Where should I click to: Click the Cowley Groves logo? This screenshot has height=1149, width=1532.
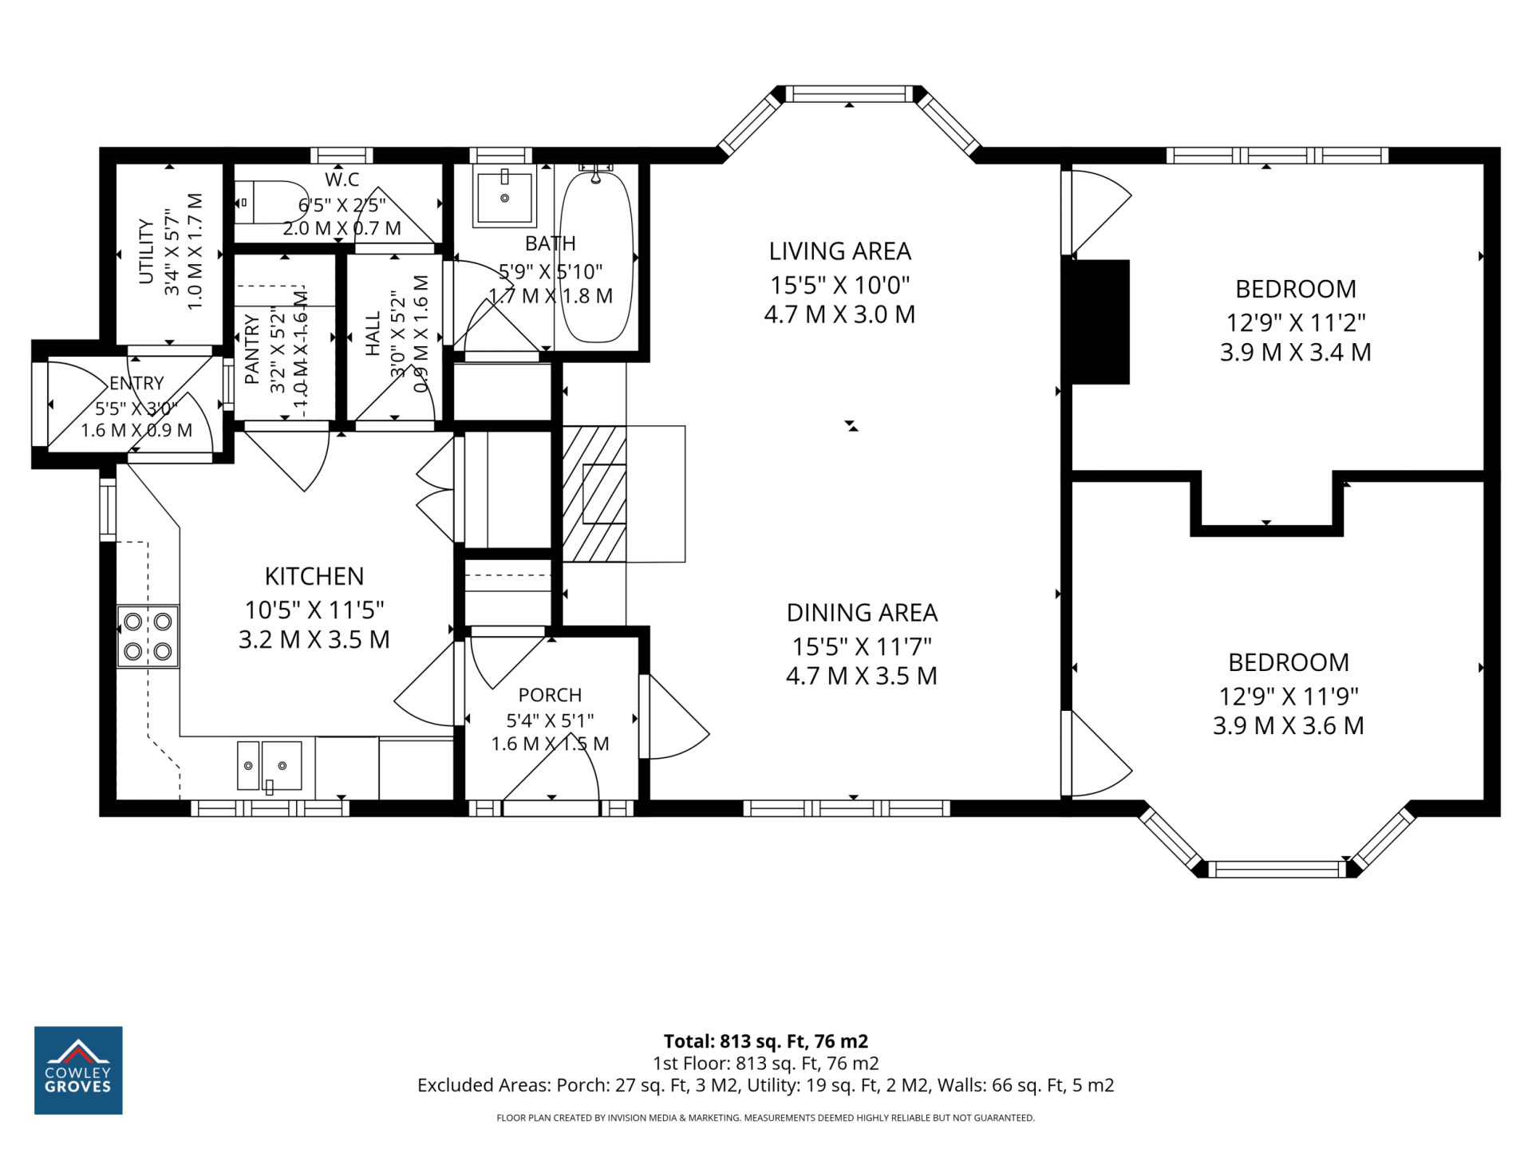pos(78,1070)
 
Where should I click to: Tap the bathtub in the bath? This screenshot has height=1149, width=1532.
pos(597,256)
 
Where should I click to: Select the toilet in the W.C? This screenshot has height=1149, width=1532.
pos(264,203)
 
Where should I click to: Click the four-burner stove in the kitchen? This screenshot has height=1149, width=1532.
pos(148,636)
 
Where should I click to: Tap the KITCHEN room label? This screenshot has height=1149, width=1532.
pos(314,576)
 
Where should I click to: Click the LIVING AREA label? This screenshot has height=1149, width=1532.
pos(839,251)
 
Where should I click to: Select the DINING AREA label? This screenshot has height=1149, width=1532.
pos(862,613)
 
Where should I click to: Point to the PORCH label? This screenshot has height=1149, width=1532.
pos(550,695)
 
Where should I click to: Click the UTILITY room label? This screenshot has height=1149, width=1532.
pos(146,251)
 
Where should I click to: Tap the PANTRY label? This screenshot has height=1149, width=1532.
pos(252,349)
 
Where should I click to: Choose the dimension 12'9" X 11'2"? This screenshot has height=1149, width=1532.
pos(1296,322)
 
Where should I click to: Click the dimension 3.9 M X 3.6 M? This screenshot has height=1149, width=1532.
pos(1289,725)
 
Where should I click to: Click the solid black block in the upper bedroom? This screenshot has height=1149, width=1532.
pos(1100,322)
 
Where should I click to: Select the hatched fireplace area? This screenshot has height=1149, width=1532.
pos(594,494)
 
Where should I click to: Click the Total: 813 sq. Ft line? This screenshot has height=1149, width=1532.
pos(766,1041)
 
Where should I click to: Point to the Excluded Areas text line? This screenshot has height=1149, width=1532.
pos(766,1085)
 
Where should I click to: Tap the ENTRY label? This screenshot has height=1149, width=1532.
pos(136,384)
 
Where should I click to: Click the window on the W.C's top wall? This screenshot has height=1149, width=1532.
pos(342,156)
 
